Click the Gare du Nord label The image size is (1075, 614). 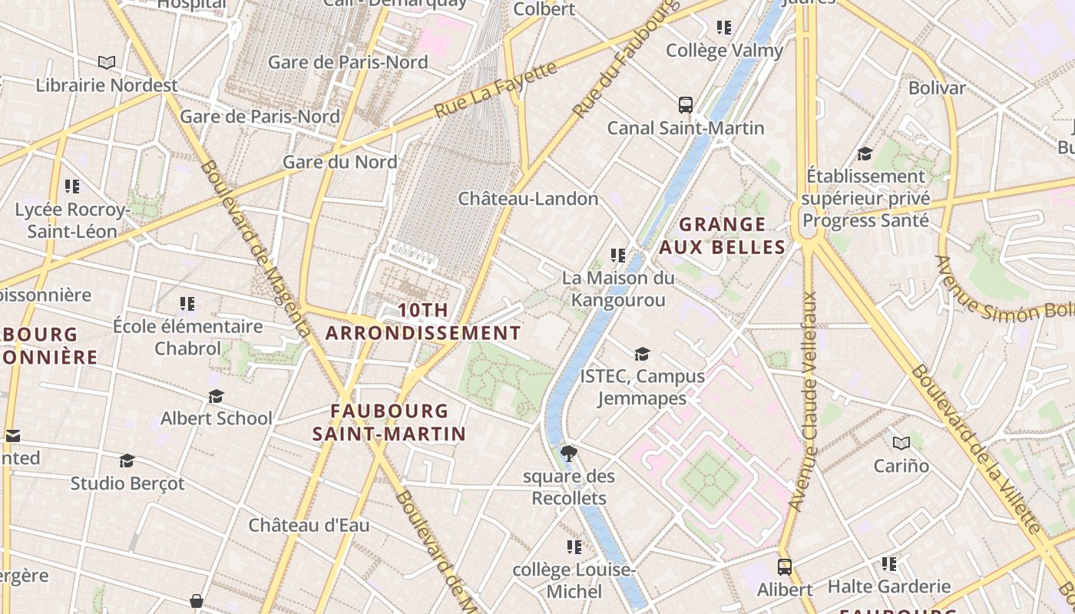[339, 162]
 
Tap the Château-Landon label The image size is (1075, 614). [528, 199]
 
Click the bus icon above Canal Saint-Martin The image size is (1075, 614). [686, 105]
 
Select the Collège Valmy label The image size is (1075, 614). [724, 51]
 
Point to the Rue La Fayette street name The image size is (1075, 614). [495, 90]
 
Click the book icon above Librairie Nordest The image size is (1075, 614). [107, 62]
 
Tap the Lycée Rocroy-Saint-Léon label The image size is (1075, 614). [71, 220]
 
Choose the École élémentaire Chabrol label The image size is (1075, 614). [188, 337]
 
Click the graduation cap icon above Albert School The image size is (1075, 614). [217, 396]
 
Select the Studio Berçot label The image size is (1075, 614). [127, 484]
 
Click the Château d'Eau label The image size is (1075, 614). [309, 526]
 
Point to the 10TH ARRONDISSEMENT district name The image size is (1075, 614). [423, 322]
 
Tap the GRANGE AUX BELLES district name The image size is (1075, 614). [723, 236]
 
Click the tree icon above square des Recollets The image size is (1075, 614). [569, 453]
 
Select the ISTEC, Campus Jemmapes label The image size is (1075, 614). [642, 387]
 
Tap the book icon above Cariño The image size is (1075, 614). [901, 443]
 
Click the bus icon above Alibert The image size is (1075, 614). [784, 567]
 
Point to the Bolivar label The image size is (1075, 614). [937, 88]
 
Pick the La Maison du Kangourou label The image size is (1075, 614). [618, 289]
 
